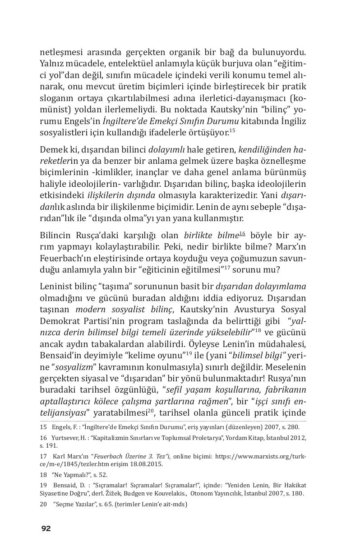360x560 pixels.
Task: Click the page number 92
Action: pos(46,528)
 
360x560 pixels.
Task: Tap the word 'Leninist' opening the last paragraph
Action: pos(55,286)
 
